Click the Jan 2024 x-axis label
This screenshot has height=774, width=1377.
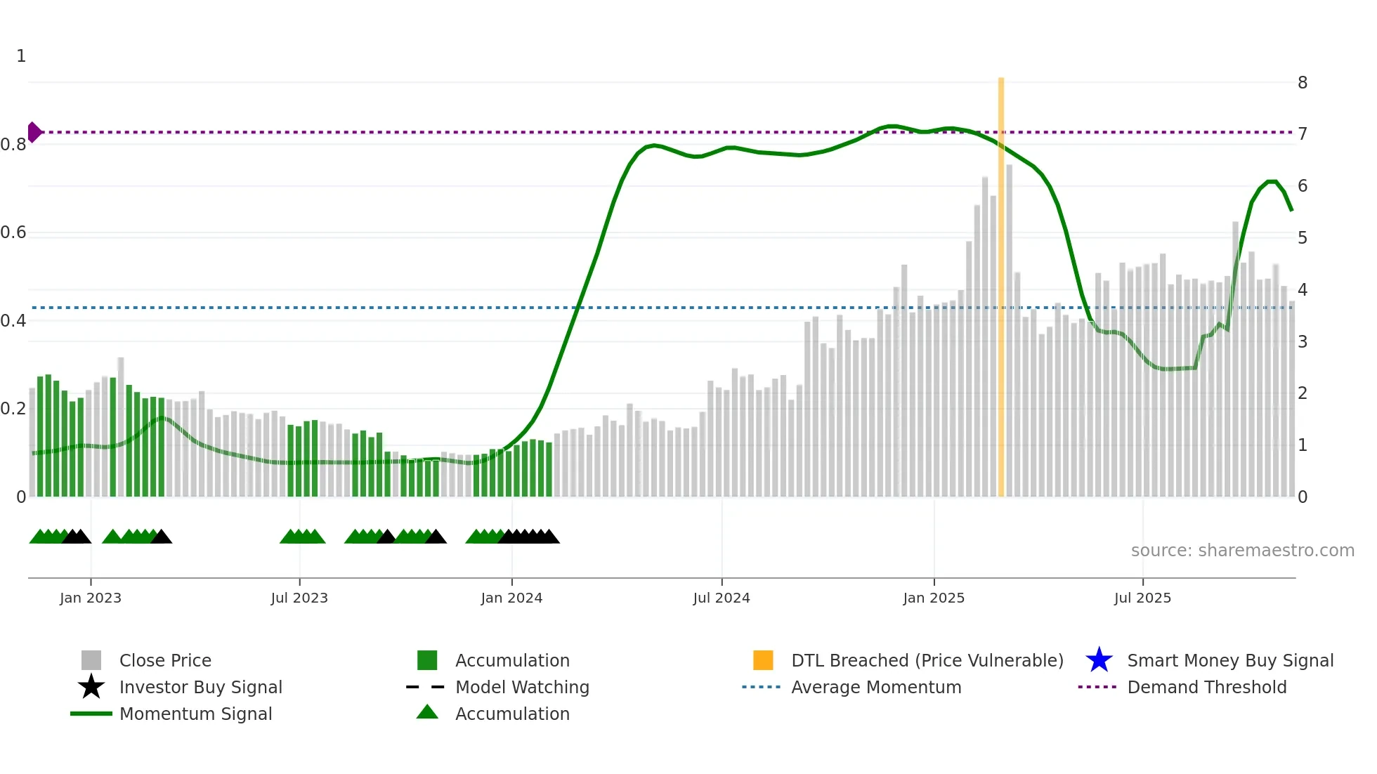(511, 598)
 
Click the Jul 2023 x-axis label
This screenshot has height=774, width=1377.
(299, 598)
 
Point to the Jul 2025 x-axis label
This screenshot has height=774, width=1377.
(1142, 598)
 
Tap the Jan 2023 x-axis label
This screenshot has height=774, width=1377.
(91, 598)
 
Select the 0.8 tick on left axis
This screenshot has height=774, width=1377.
(13, 145)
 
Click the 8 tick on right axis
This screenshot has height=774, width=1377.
(1302, 83)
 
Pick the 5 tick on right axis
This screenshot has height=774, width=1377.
(1302, 238)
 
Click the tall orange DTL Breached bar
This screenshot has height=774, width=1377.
(1000, 281)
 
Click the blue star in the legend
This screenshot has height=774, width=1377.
(1099, 660)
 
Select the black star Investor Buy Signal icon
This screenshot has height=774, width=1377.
(91, 687)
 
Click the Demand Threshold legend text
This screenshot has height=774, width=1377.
(1206, 687)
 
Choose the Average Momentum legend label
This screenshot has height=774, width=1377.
(875, 687)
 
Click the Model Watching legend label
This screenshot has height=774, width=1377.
(522, 687)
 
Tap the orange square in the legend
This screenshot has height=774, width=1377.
(763, 660)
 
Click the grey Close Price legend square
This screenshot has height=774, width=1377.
(91, 660)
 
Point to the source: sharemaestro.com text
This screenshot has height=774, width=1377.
(1242, 551)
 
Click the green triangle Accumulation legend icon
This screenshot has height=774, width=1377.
(427, 713)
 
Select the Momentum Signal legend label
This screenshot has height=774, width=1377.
(195, 714)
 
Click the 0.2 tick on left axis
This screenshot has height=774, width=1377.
(13, 409)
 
